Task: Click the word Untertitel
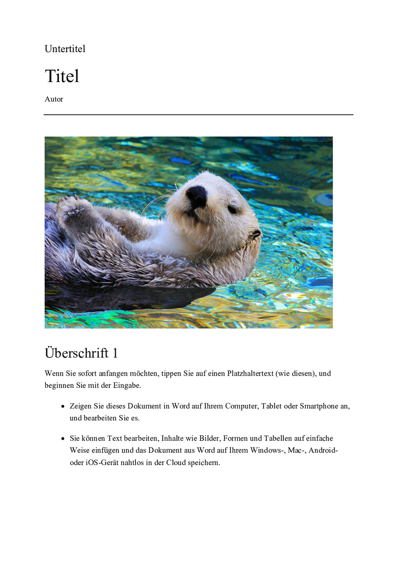coord(65,49)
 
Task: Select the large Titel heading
coord(62,76)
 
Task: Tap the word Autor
coord(54,99)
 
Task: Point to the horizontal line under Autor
coord(198,115)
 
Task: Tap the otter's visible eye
coord(232,209)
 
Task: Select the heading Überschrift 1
coord(81,353)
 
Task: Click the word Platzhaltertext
coord(250,373)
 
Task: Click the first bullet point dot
coord(63,406)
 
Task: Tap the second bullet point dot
coord(63,438)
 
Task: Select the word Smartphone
coord(319,406)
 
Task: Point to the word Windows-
coord(266,450)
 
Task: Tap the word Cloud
coord(176,462)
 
